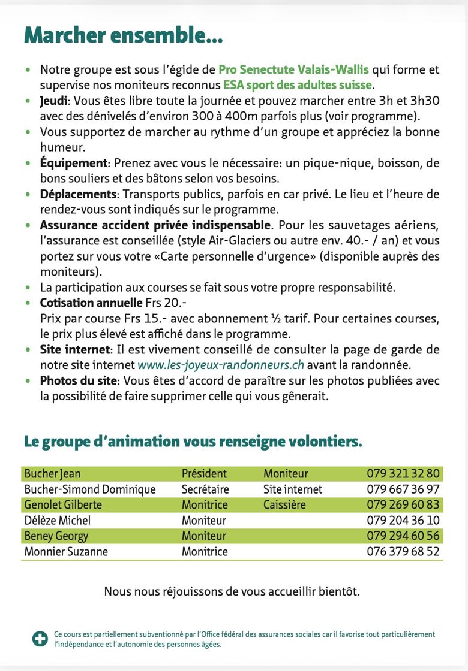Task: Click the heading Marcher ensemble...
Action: (x=123, y=35)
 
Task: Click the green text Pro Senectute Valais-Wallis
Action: (x=293, y=69)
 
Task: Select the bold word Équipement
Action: (x=73, y=163)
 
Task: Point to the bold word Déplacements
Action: (x=78, y=194)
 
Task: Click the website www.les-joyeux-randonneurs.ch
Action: (x=221, y=365)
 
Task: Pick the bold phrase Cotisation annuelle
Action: (x=91, y=303)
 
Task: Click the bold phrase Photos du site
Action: (x=79, y=380)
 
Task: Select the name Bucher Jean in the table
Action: (x=52, y=474)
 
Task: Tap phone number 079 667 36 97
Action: (x=403, y=489)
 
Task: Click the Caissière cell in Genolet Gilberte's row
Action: (x=284, y=505)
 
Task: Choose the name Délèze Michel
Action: (x=58, y=521)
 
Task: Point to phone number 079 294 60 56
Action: (x=403, y=536)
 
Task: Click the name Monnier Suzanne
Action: (x=66, y=552)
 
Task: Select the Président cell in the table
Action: (x=204, y=474)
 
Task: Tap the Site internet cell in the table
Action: (x=293, y=489)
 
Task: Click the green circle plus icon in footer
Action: (x=40, y=639)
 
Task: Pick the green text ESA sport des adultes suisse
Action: (x=298, y=85)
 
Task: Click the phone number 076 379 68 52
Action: (x=403, y=552)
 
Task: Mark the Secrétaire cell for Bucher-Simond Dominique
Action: (x=205, y=489)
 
